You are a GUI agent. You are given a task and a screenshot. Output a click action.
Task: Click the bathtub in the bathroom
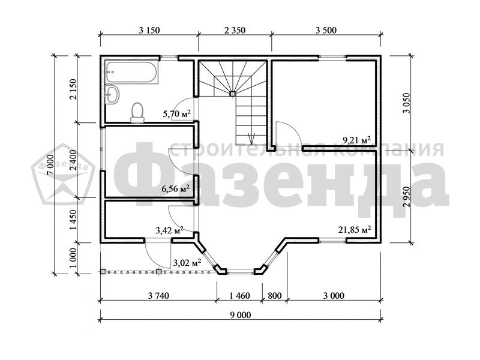click(132, 73)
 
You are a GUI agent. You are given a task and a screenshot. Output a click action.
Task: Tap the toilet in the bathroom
click(137, 113)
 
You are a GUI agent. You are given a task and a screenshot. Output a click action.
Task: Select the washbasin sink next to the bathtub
click(112, 94)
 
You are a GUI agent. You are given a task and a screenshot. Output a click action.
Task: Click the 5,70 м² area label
click(177, 114)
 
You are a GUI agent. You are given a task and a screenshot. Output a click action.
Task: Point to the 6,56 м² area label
click(175, 188)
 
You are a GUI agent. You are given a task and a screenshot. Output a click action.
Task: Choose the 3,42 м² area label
click(170, 230)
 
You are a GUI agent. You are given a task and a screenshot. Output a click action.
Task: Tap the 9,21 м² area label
click(357, 140)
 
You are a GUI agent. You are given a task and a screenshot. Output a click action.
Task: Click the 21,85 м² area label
click(355, 230)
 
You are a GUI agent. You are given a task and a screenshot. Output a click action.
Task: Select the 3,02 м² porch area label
click(187, 263)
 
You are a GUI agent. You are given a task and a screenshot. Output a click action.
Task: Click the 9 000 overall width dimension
click(241, 315)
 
